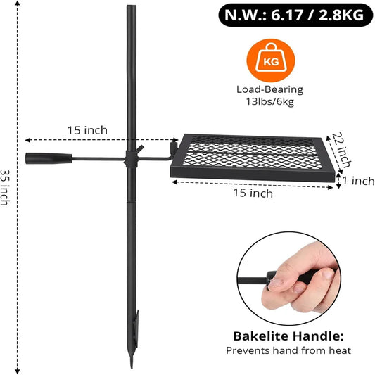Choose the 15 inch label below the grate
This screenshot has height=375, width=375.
pyautogui.click(x=253, y=193)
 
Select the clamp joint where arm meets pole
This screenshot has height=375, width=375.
pyautogui.click(x=131, y=158)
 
